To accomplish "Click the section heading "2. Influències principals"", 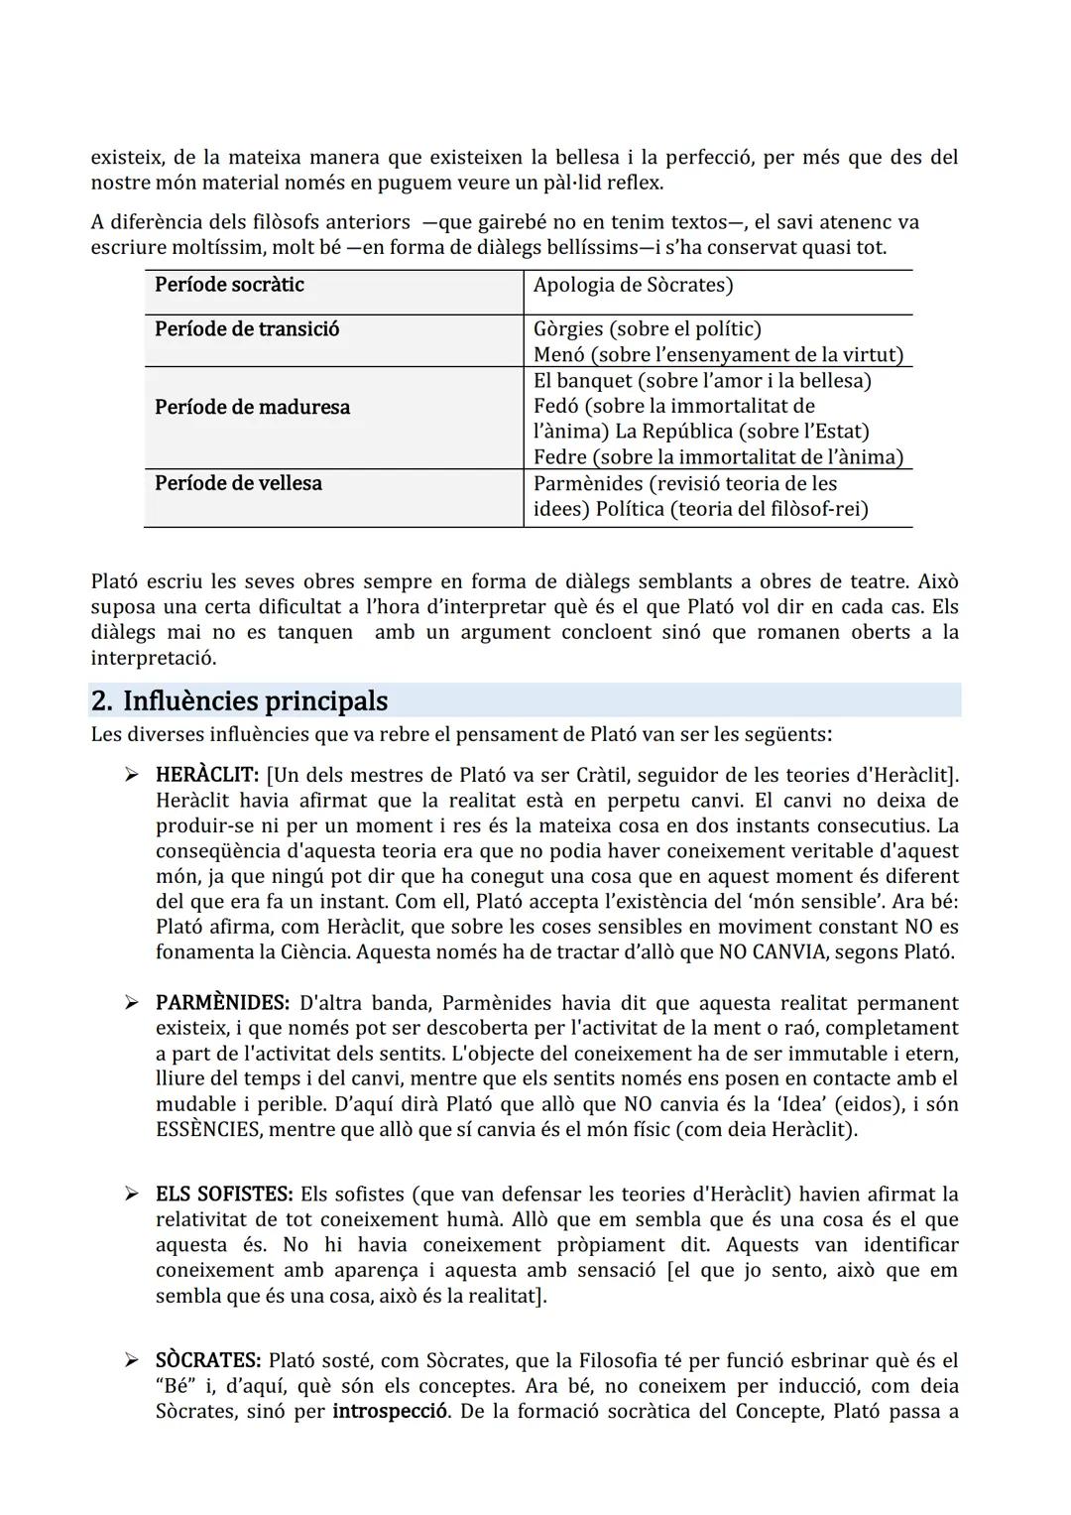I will pos(239,700).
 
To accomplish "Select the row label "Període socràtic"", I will pos(229,285).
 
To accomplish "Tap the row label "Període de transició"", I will pos(246,329).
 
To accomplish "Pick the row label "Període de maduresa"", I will pos(252,407).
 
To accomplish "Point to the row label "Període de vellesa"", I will pos(238,483).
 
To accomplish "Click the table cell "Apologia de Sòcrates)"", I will pos(633,285).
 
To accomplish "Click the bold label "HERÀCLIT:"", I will pos(207,775).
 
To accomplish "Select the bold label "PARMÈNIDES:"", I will pos(222,1003).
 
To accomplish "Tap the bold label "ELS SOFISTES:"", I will pos(224,1194).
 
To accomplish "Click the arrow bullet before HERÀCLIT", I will pos(131,775).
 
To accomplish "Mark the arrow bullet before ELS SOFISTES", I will pos(131,1194).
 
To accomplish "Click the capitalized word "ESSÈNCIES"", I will pos(208,1129).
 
